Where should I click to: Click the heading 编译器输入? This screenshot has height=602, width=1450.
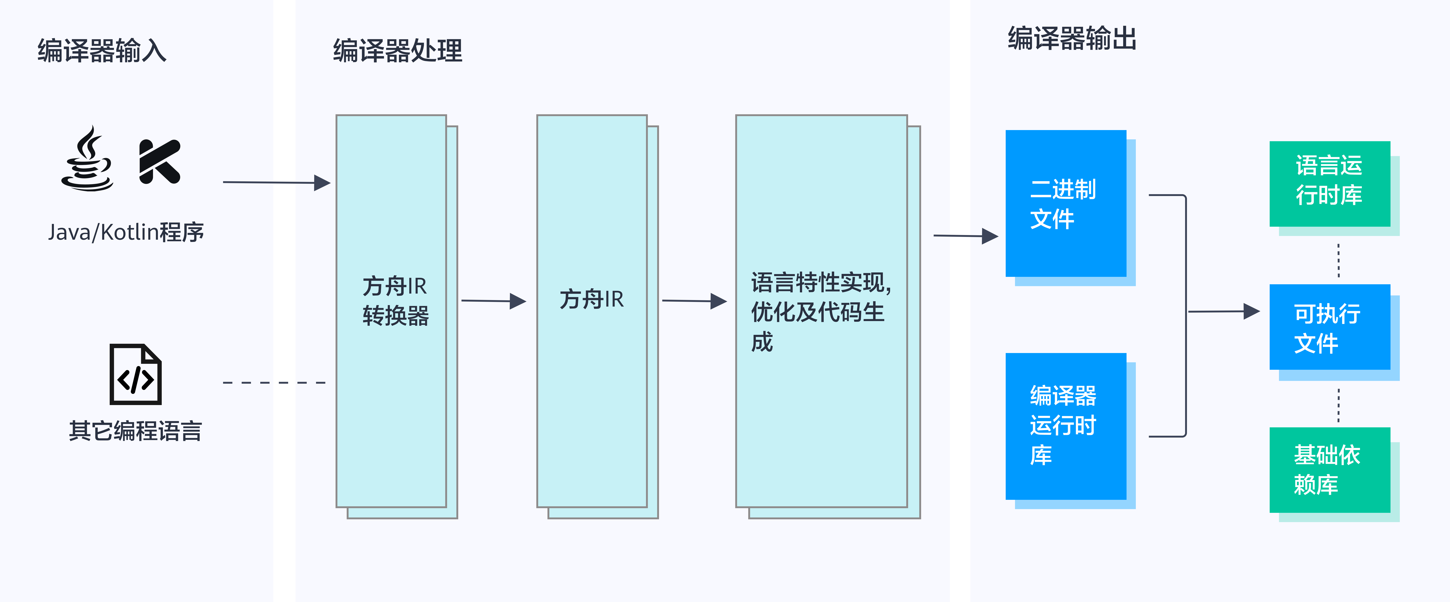[x=102, y=51]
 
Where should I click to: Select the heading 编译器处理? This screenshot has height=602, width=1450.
[x=397, y=51]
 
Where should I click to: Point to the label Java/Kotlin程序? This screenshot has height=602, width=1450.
[x=125, y=232]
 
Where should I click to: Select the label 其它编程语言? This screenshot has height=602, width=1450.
[x=135, y=431]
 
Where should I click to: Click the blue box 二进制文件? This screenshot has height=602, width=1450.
[x=1066, y=204]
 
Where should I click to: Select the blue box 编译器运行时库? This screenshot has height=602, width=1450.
[x=1066, y=426]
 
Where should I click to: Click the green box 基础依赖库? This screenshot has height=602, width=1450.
[x=1330, y=470]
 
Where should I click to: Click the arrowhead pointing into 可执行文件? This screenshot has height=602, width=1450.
[x=1251, y=311]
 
